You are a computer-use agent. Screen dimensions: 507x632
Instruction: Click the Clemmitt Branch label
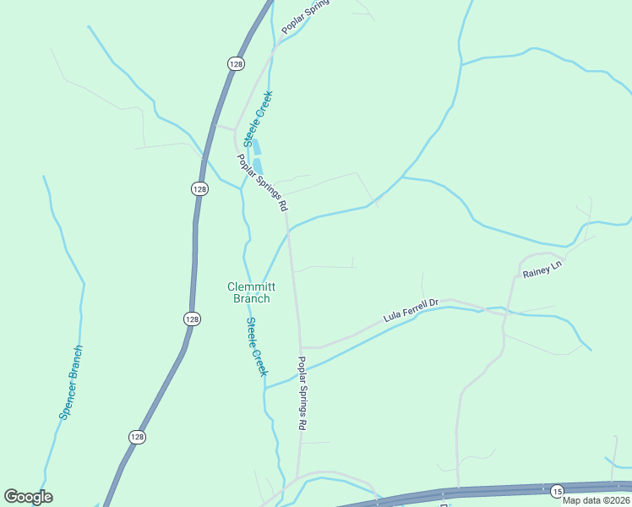click(249, 292)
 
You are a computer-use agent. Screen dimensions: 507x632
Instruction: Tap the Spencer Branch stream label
click(72, 382)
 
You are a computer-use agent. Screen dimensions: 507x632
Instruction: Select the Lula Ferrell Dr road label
click(411, 310)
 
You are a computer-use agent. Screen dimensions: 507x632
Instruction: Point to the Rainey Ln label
click(542, 269)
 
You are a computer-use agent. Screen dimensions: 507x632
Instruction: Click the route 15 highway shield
click(557, 491)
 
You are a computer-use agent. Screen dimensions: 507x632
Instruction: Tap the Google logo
click(28, 497)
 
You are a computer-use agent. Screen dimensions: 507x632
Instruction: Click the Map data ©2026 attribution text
click(597, 500)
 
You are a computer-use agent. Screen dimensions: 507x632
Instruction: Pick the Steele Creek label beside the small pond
click(259, 118)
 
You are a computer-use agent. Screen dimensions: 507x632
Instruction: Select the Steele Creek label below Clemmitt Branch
click(257, 346)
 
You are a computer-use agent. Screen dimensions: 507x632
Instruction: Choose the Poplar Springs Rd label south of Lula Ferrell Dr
click(301, 393)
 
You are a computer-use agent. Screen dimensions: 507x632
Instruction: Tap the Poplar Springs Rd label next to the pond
click(262, 182)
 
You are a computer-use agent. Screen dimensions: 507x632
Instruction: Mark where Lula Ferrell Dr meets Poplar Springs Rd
click(302, 346)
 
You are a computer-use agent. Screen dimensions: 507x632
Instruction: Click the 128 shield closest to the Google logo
click(138, 436)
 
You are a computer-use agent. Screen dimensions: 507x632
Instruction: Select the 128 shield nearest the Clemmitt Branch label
click(192, 319)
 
